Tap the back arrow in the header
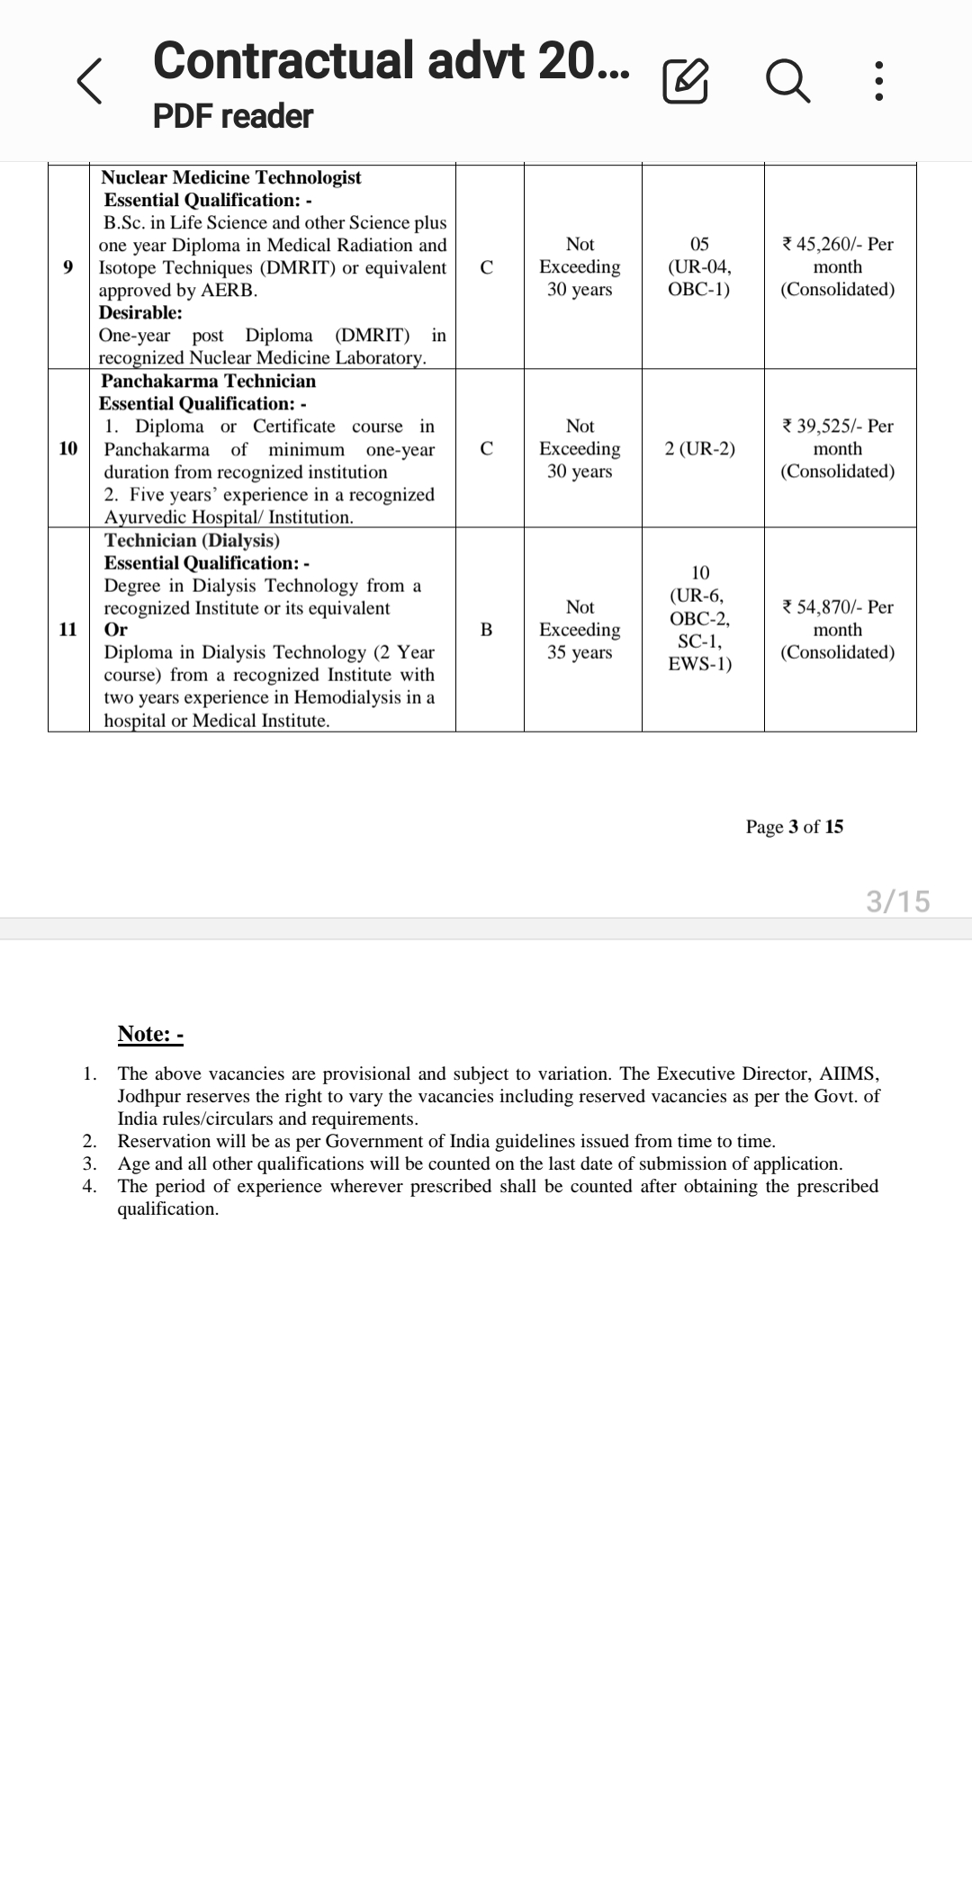[x=89, y=83]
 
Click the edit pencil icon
[x=685, y=83]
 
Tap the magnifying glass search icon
[x=787, y=83]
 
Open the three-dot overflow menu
[x=879, y=83]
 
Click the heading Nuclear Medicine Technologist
[x=231, y=177]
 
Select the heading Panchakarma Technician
[x=209, y=381]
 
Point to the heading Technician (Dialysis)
[x=192, y=540]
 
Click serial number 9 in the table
[x=68, y=266]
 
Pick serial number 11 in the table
[x=68, y=629]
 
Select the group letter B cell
[x=487, y=629]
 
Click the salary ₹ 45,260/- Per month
[x=838, y=266]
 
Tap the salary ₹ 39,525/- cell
[x=838, y=448]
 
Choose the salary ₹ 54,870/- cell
[x=838, y=629]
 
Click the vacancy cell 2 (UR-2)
[x=700, y=448]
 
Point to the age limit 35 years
[x=580, y=651]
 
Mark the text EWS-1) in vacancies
[x=700, y=664]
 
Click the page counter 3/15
[x=897, y=901]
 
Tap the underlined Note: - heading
[x=150, y=1034]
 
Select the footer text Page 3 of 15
[x=794, y=827]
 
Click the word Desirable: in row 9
[x=141, y=312]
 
